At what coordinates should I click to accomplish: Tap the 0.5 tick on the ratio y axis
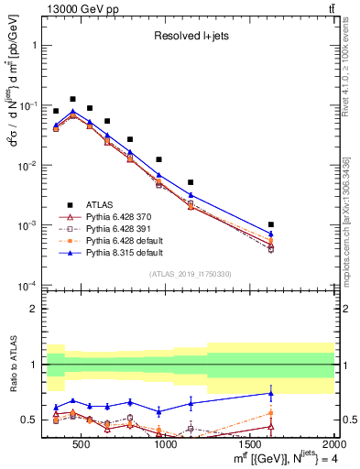[x=33, y=420]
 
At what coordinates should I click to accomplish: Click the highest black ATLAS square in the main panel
[x=72, y=99]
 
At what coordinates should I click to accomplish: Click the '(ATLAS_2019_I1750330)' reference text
[x=190, y=274]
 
